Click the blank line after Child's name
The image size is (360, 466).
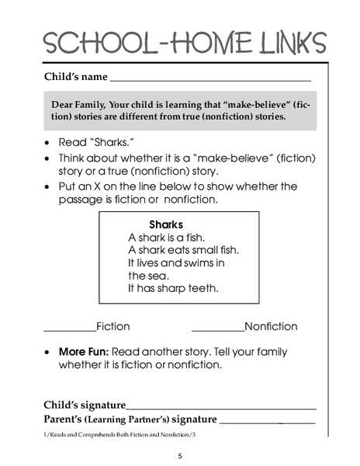point(210,79)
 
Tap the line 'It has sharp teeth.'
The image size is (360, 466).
point(173,288)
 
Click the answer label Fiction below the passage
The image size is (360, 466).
point(112,327)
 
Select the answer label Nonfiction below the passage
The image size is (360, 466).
point(270,327)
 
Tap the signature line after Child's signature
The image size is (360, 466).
point(221,407)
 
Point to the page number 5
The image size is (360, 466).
point(180,455)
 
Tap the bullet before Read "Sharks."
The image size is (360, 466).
point(49,144)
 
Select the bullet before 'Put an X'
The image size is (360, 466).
point(49,187)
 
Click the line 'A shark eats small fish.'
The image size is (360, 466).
point(184,250)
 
